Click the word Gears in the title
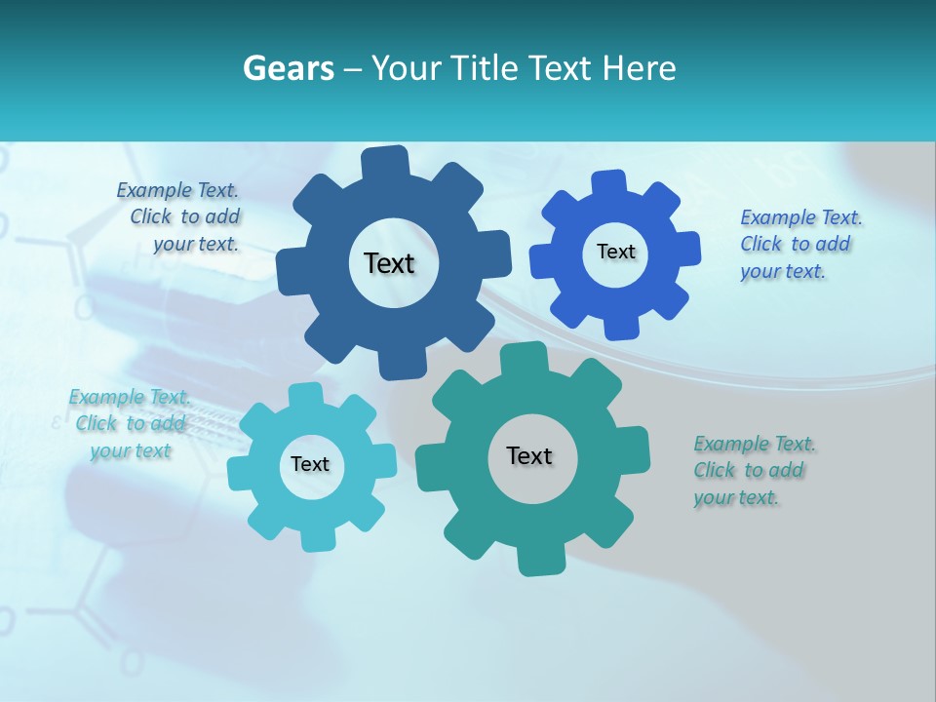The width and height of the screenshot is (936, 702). click(289, 68)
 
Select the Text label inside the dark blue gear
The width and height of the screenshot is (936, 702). click(389, 263)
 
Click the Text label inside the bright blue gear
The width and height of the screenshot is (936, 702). click(615, 252)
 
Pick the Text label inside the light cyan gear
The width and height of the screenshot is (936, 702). click(310, 464)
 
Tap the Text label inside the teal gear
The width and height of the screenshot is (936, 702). click(529, 455)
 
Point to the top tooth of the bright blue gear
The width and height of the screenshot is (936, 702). click(609, 182)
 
